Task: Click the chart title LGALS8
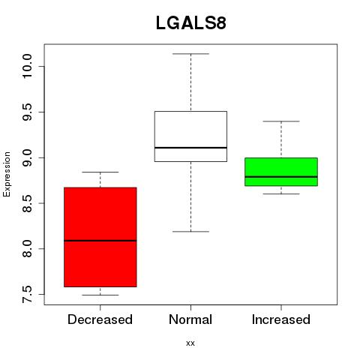coord(191,23)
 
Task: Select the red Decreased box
coord(100,237)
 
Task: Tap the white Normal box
coord(190,136)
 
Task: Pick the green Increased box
coord(281,172)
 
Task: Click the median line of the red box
coord(100,241)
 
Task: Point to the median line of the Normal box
coord(190,148)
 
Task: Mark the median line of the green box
coord(281,177)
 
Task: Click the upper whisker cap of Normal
coord(190,54)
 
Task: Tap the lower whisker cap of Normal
coord(190,232)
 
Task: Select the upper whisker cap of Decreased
coord(100,172)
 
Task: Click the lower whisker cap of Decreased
coord(100,295)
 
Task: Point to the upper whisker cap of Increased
coord(281,121)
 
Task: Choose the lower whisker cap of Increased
coord(281,193)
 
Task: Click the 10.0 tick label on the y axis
coord(27,66)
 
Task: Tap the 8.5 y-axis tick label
coord(27,203)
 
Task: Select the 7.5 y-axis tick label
coord(27,294)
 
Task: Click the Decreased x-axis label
coord(100,319)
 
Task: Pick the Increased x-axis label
coord(281,319)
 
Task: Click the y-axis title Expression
coord(7,174)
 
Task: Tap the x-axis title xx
coord(190,343)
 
